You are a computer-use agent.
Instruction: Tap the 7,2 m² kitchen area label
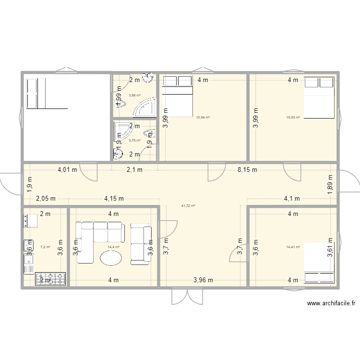45,247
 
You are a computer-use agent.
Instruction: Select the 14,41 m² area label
293,247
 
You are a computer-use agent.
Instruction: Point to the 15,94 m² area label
203,117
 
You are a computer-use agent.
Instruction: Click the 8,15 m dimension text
248,169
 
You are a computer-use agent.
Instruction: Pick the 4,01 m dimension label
67,169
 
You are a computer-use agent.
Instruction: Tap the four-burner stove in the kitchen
51,279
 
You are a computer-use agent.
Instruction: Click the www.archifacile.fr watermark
332,303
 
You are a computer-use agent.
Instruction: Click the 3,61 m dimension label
330,249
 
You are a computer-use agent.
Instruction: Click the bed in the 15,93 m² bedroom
319,98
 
